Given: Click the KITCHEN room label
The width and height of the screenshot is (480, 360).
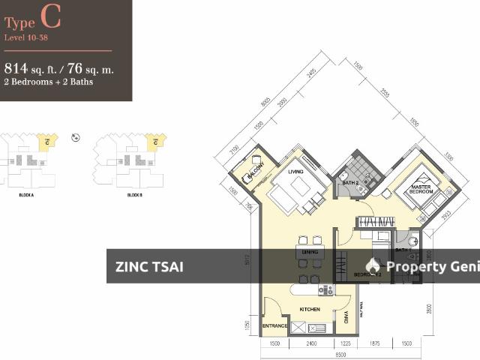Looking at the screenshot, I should tap(310, 308).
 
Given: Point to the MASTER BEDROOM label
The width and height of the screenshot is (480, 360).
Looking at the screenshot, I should tap(420, 188).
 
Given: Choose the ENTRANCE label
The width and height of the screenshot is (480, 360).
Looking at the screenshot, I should tap(275, 326).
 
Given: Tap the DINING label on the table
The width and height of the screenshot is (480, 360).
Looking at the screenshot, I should tap(308, 252).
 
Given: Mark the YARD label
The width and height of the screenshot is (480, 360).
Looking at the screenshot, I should tap(347, 316).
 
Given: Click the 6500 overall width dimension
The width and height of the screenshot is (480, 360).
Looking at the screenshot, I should tap(340, 353).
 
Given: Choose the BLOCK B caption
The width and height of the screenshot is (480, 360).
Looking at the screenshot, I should tap(135, 194).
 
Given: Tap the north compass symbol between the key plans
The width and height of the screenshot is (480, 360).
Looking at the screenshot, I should tap(75, 137).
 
